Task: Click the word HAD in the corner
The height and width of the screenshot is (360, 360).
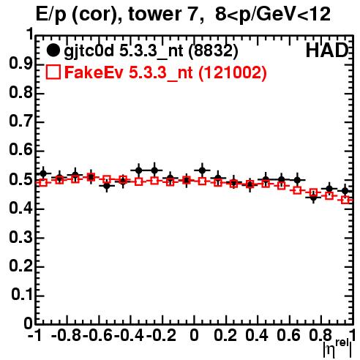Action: (327, 50)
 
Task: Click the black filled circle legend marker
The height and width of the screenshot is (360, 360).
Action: (53, 50)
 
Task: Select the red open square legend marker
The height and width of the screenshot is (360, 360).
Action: (53, 72)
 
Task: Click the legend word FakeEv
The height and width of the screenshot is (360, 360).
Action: (94, 72)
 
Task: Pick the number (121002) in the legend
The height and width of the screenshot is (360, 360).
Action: (233, 72)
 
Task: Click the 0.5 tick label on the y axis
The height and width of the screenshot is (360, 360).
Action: (20, 179)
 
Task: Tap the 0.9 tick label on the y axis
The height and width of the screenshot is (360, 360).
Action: (20, 64)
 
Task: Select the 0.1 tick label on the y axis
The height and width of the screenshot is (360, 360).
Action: (22, 295)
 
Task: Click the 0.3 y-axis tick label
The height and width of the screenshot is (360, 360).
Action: (20, 237)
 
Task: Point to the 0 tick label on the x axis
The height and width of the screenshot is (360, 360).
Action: (194, 335)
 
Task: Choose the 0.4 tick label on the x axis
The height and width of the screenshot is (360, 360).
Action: (257, 335)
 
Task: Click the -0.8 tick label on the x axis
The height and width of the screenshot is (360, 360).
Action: (66, 335)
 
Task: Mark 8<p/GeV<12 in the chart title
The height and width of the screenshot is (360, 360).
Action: (273, 15)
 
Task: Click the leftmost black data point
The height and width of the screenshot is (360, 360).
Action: (43, 173)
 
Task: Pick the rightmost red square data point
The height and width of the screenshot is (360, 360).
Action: (345, 200)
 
